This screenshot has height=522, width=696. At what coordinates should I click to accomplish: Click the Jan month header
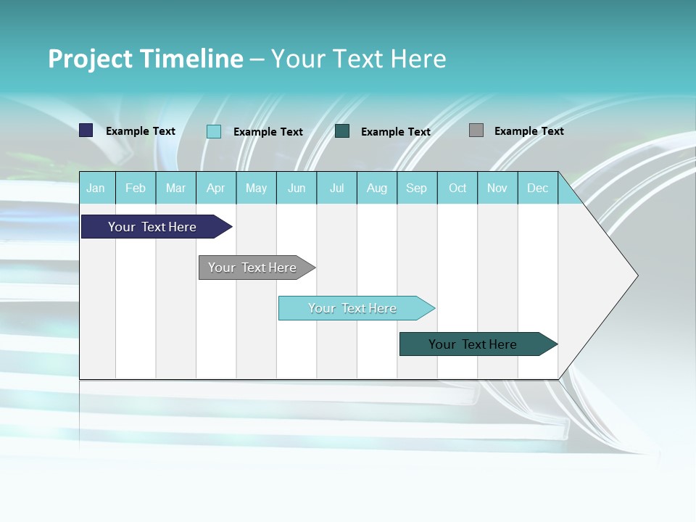pyautogui.click(x=96, y=188)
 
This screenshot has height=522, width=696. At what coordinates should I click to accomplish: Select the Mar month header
pyautogui.click(x=175, y=188)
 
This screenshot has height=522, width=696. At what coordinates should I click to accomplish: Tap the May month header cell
pyautogui.click(x=256, y=188)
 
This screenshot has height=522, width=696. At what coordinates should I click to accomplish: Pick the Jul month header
pyautogui.click(x=336, y=188)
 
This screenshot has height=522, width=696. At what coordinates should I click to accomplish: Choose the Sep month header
pyautogui.click(x=416, y=188)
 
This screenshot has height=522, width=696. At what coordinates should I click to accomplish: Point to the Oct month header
pyautogui.click(x=457, y=188)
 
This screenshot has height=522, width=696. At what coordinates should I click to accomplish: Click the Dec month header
pyautogui.click(x=537, y=188)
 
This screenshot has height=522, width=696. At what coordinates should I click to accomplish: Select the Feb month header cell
pyautogui.click(x=136, y=188)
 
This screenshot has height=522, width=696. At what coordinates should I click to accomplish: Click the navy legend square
pyautogui.click(x=86, y=130)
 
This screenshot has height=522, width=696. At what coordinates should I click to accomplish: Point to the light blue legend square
pyautogui.click(x=214, y=131)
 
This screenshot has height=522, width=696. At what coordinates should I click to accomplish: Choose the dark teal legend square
pyautogui.click(x=342, y=130)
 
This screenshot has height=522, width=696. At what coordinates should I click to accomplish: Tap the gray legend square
pyautogui.click(x=476, y=130)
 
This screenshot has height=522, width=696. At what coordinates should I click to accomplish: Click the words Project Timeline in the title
pyautogui.click(x=146, y=59)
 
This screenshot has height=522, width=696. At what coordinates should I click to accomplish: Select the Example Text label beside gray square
pyautogui.click(x=529, y=131)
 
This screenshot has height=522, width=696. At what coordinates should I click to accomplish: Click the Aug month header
pyautogui.click(x=377, y=188)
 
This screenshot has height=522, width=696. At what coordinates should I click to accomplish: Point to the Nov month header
pyautogui.click(x=497, y=188)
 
